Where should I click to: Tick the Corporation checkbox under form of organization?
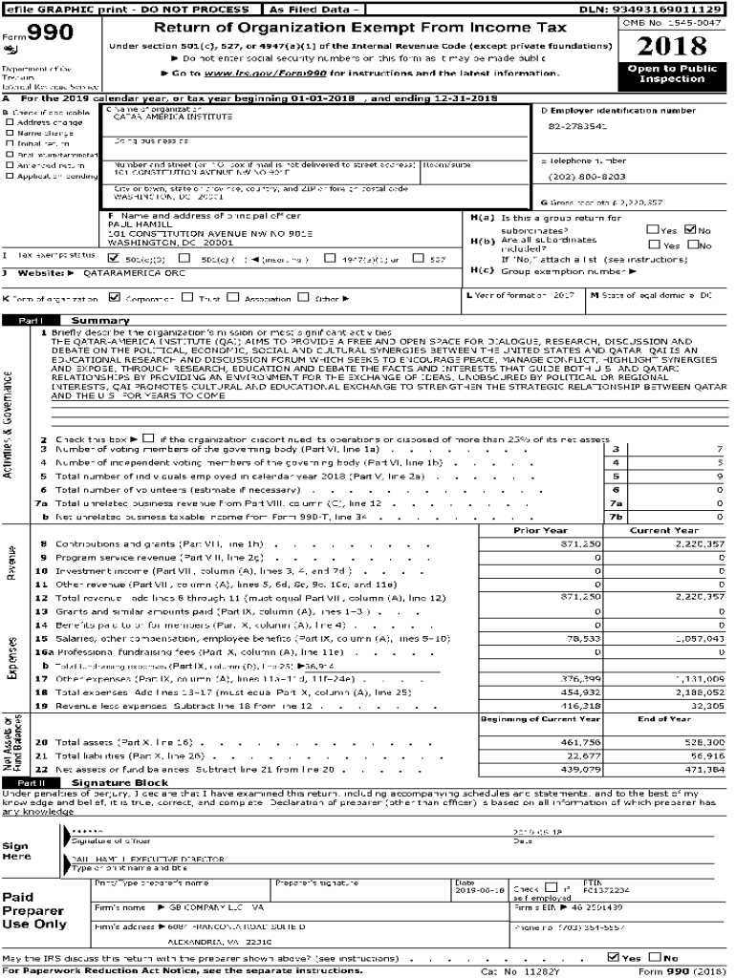115,297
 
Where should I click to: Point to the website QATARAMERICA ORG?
119,272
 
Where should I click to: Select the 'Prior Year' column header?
539,530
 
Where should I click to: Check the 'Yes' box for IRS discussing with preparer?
614,957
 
